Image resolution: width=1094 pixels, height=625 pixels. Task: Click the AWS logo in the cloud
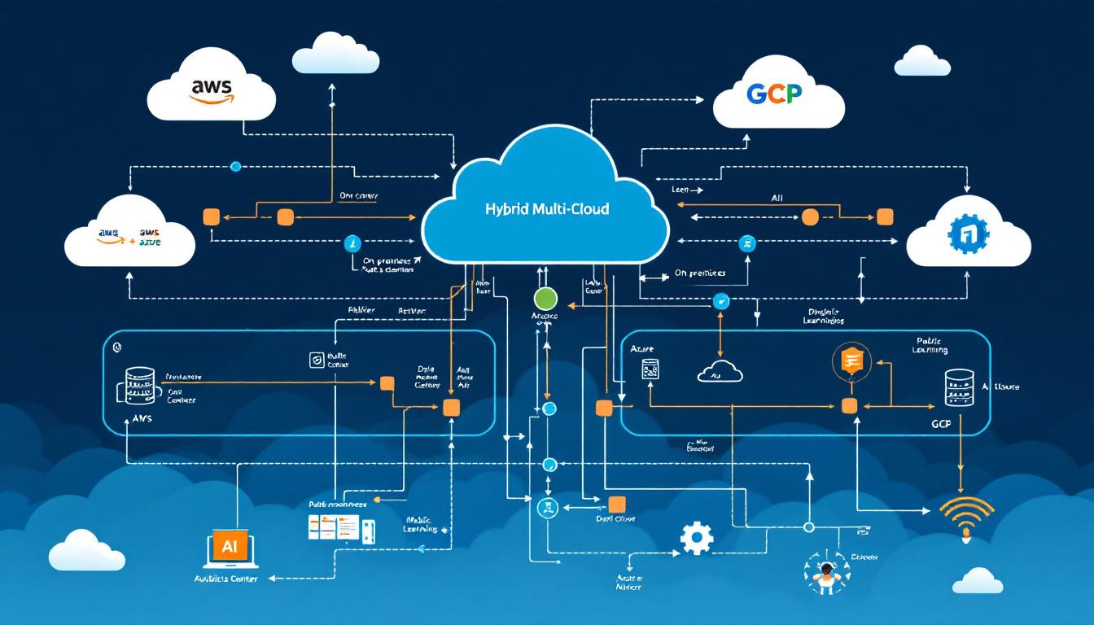click(x=211, y=90)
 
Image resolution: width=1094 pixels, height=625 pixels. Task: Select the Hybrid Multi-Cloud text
click(x=545, y=209)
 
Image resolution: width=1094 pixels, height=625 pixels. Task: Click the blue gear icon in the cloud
click(x=969, y=234)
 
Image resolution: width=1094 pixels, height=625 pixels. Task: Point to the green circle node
click(x=545, y=298)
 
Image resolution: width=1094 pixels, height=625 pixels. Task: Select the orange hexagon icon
click(x=851, y=360)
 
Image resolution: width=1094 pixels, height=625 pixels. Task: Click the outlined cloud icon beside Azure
click(x=720, y=371)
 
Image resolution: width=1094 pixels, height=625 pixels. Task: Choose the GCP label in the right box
click(x=941, y=425)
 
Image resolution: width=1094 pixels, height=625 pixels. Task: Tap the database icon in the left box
click(x=141, y=385)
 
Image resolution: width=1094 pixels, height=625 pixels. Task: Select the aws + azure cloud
click(x=129, y=237)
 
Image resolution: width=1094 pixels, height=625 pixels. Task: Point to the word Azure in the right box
click(x=642, y=347)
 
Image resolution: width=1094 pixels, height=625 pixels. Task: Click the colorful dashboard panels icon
click(x=335, y=528)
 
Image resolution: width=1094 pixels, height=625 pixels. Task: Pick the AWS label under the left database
click(x=142, y=417)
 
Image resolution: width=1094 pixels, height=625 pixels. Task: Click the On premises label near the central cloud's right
click(x=699, y=274)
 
